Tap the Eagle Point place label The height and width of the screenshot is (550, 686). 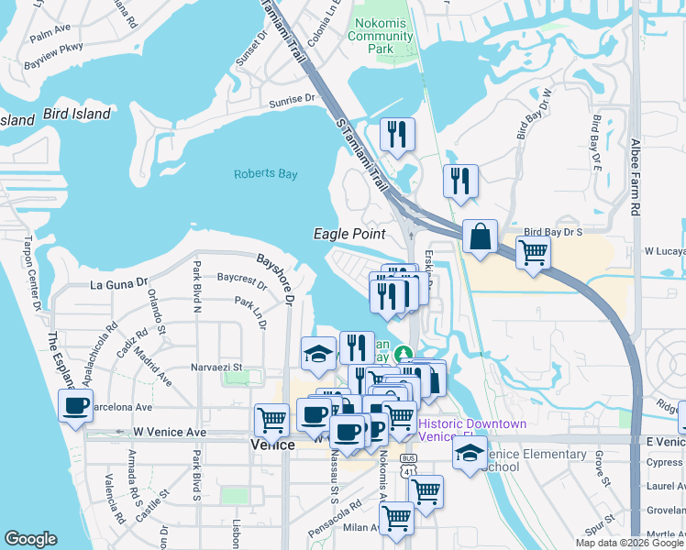pos(349,235)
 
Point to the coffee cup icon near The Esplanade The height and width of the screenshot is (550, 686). pos(75,405)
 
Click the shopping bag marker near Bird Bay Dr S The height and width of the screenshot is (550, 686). pos(480,237)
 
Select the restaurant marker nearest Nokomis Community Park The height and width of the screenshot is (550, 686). pos(397,135)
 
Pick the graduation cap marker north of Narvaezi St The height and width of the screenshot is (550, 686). pos(318,355)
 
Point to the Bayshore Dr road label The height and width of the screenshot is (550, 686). pos(275,279)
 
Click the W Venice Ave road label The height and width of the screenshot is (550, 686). pos(166,431)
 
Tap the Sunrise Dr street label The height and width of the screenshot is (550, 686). pos(293,99)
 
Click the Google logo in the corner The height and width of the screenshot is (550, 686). pos(30,539)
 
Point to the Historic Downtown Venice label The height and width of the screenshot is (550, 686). pos(472,430)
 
